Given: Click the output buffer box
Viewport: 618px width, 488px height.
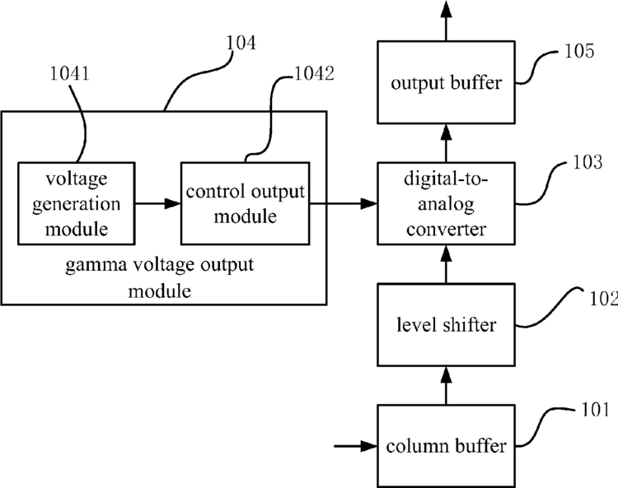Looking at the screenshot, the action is (x=446, y=82).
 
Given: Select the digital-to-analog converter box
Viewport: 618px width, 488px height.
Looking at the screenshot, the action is (x=446, y=203).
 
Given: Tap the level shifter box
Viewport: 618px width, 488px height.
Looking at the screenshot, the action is (x=446, y=325).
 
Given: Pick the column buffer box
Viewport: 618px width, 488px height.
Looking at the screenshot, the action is (x=446, y=446).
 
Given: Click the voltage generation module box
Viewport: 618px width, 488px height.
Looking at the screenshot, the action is (x=77, y=203).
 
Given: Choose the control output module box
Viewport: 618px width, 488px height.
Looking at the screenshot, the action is (x=246, y=203).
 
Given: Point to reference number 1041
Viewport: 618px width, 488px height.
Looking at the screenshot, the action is (x=70, y=73).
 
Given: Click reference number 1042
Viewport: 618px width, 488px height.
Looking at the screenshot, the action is (x=315, y=73).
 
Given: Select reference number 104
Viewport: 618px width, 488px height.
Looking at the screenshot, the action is (x=241, y=43).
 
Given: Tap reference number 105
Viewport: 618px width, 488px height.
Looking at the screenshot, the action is (x=579, y=51).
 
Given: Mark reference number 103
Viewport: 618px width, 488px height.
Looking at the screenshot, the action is (x=588, y=162).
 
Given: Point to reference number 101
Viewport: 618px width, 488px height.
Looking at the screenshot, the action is (x=596, y=410).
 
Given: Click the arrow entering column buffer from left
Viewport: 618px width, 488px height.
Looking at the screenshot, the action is (x=356, y=446).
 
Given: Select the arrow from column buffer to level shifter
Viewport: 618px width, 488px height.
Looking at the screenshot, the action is (x=446, y=386).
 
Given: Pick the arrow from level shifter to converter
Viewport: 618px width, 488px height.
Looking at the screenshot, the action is (x=446, y=264).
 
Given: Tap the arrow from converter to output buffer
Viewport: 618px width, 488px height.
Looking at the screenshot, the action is (x=446, y=143).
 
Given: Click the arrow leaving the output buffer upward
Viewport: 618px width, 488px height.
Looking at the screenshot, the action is (x=446, y=21).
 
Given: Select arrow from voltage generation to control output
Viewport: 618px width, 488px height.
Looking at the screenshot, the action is (x=158, y=203).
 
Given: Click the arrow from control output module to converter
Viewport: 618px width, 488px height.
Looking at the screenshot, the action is (x=344, y=203).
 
